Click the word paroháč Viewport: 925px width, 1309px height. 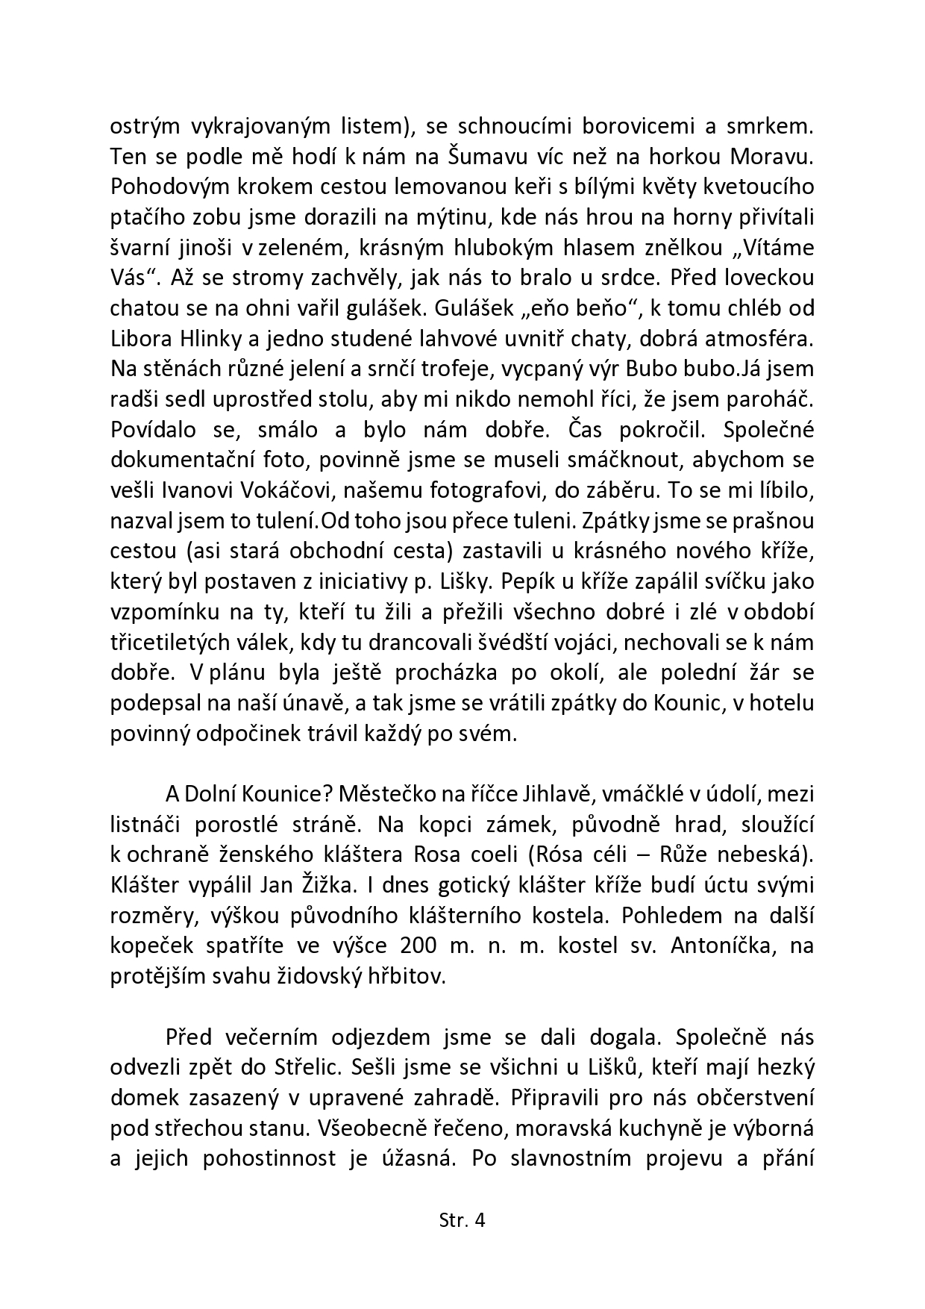pyautogui.click(x=772, y=399)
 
